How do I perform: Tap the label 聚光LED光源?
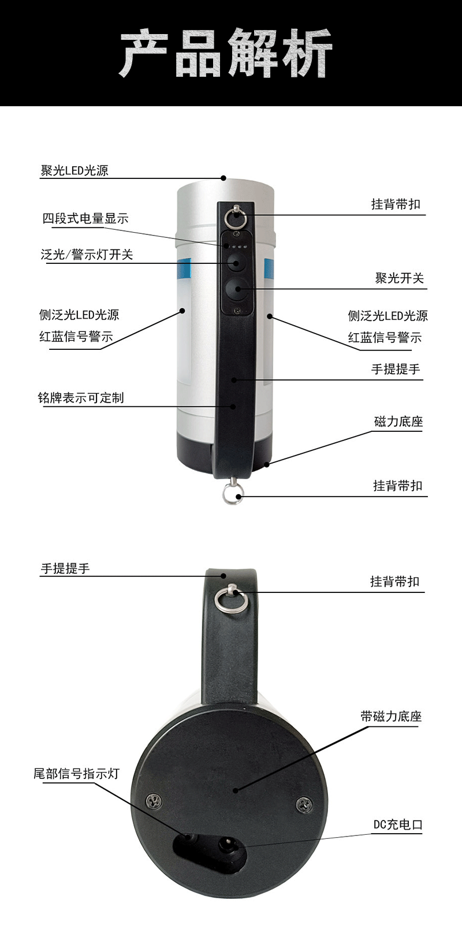[74, 170]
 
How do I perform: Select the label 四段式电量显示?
[85, 218]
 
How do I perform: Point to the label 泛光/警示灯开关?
[87, 255]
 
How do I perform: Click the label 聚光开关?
[399, 278]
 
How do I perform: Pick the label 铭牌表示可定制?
[81, 398]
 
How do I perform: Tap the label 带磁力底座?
[391, 716]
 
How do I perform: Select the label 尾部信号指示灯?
[76, 774]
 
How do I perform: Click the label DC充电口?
[398, 824]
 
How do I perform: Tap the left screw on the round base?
[154, 801]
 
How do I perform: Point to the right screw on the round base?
[304, 804]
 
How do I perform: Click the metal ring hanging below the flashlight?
[233, 494]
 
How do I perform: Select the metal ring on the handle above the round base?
[232, 600]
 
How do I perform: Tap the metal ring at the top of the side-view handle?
[236, 218]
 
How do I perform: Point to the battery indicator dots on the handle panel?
[237, 247]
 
